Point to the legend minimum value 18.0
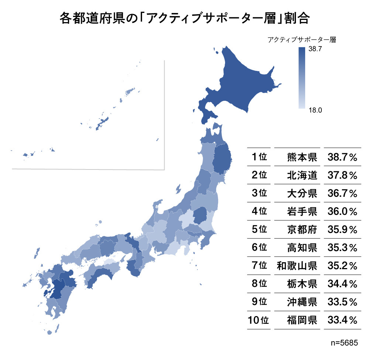(315, 109)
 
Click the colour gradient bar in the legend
(302, 78)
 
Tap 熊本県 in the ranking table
(302, 157)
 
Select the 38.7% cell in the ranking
(342, 157)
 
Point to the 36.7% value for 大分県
(342, 193)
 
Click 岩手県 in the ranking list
(302, 211)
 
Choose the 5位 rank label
(259, 229)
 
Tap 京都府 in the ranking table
(302, 229)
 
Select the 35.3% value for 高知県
(342, 247)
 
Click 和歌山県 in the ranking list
(297, 265)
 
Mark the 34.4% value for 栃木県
(342, 283)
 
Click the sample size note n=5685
(345, 343)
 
